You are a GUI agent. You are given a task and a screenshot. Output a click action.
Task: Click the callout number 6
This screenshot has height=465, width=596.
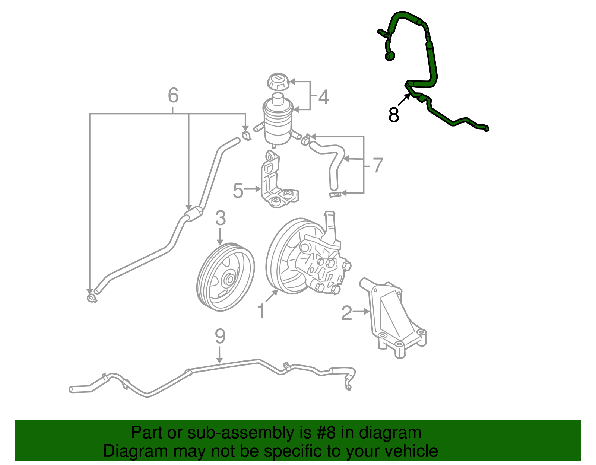pos(173,95)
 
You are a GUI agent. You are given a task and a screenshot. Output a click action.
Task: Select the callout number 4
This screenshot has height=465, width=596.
pos(323,97)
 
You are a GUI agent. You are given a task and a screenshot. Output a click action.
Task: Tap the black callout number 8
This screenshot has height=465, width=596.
pos(393,115)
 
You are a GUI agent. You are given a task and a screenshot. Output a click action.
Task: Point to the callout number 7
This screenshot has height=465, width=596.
pos(378,165)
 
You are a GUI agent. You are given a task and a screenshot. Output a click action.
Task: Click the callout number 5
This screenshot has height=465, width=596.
pos(238,190)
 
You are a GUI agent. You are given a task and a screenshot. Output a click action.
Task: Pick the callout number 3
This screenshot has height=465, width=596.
pos(221,218)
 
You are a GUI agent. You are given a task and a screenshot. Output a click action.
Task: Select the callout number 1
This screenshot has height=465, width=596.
pos(261,311)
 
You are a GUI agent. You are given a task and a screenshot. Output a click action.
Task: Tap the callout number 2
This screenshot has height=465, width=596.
pos(346,313)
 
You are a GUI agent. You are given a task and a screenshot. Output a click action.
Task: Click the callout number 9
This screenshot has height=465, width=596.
pos(220,336)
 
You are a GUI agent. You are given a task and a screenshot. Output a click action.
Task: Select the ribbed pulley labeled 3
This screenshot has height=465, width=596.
pos(225,277)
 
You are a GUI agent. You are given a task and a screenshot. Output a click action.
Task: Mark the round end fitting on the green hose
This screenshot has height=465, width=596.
pos(390,56)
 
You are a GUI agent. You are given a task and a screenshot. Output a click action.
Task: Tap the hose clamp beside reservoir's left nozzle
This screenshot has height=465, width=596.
pos(246,136)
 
